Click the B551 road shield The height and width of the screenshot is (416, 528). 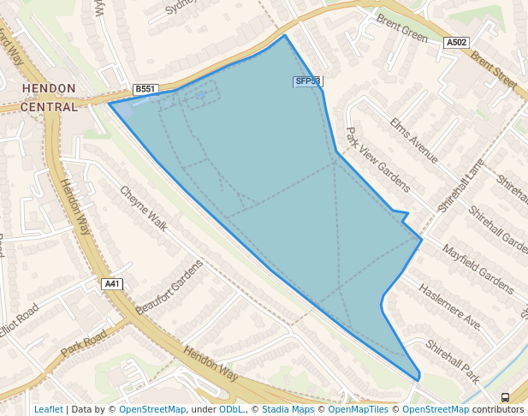145,89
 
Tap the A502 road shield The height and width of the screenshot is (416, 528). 456,42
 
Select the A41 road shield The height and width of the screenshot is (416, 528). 112,283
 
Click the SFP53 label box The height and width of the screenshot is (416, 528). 307,81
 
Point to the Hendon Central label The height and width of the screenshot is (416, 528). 49,98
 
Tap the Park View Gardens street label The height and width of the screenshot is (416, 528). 377,159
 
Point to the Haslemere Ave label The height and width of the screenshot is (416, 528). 449,306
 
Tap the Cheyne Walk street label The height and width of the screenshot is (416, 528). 143,208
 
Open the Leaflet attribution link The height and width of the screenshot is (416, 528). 48,409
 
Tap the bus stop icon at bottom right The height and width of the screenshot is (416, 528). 505,397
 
